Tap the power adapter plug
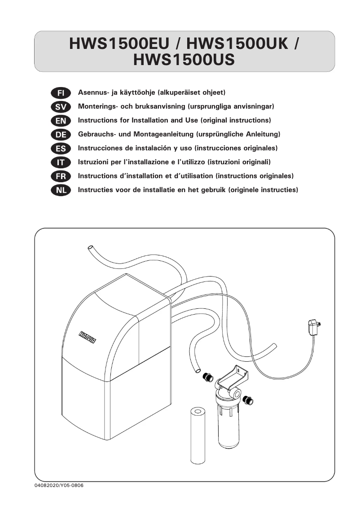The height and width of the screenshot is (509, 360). click(312, 326)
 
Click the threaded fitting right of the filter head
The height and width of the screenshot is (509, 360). click(247, 399)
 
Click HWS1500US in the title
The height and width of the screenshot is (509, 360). click(184, 60)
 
